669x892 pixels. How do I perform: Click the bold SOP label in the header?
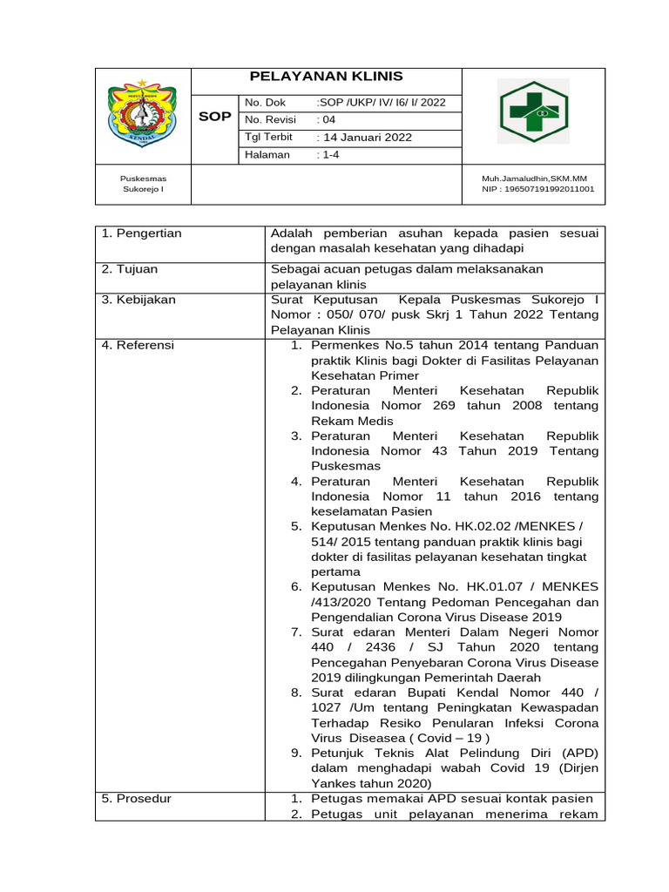tap(215, 116)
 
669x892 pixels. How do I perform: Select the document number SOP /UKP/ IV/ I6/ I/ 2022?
tap(382, 102)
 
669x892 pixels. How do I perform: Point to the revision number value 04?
tap(325, 119)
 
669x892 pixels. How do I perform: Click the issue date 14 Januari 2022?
tap(364, 138)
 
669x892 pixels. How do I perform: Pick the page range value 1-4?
tap(328, 155)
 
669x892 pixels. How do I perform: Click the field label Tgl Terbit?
tap(269, 138)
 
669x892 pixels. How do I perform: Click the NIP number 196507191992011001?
tap(538, 188)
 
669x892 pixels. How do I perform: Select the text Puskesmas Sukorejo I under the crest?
tap(143, 183)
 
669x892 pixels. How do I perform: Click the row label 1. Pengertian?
tap(141, 233)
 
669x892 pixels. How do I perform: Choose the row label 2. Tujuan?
tap(130, 270)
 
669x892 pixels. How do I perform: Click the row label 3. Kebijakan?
tap(139, 300)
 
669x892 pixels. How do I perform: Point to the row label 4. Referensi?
tap(138, 345)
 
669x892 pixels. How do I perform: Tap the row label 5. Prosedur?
tap(136, 799)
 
